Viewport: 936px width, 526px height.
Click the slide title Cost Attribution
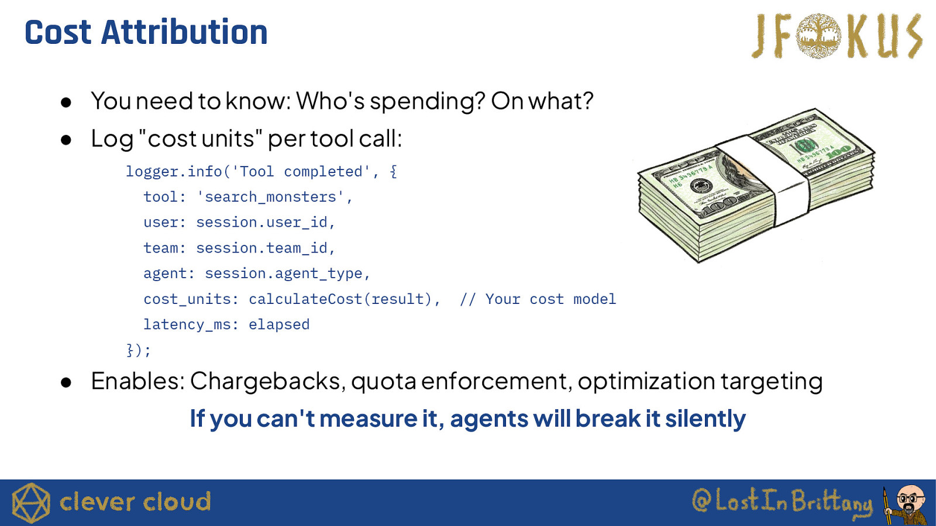click(x=146, y=32)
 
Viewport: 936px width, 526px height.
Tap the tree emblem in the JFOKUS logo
click(x=818, y=36)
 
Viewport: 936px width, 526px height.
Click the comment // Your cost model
click(x=538, y=299)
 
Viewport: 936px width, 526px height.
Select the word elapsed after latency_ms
click(x=279, y=324)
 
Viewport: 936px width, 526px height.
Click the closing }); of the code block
click(x=138, y=350)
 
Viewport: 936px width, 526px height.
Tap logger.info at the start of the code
click(x=174, y=172)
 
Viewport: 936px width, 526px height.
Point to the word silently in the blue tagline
click(x=706, y=418)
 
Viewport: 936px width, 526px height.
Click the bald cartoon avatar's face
click(x=911, y=499)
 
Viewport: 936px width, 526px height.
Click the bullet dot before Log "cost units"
click(x=66, y=140)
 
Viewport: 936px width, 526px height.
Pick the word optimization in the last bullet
click(x=646, y=380)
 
